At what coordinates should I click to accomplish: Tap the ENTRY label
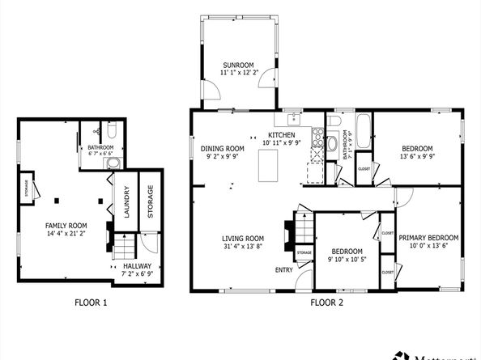[284, 270]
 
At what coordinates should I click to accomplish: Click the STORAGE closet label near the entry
[304, 253]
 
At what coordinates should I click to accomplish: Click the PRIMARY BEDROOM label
[428, 237]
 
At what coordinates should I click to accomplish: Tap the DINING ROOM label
[223, 148]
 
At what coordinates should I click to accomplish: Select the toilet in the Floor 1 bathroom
[113, 130]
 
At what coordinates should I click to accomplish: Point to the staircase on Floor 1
[122, 244]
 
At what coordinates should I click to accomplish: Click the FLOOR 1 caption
[89, 303]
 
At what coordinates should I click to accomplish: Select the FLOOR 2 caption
[328, 303]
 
